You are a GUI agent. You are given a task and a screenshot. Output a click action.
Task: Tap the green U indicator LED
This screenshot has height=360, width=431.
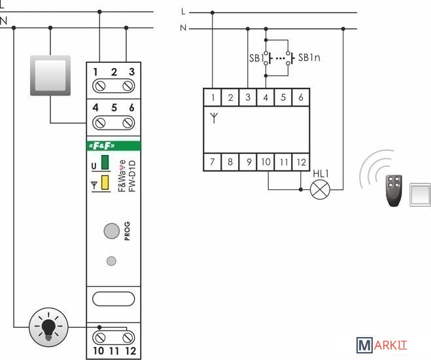coord(105,163)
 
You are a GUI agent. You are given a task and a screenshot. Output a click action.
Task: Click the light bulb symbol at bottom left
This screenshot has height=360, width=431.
coord(48,327)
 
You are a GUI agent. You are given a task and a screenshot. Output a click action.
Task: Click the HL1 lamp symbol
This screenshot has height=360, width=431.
coord(320,190)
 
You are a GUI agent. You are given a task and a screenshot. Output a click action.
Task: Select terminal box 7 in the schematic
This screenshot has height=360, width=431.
coord(213,162)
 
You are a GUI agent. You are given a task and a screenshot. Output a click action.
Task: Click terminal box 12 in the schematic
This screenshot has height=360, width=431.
coord(300,162)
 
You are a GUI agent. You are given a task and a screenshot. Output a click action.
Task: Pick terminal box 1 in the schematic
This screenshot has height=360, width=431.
coord(213,98)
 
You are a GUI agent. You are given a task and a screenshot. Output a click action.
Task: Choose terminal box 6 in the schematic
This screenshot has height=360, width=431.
coord(300,98)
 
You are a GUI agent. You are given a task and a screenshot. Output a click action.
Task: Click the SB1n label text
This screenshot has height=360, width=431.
coord(309,58)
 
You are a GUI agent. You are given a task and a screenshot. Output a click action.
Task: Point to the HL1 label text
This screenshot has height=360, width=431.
coord(320,173)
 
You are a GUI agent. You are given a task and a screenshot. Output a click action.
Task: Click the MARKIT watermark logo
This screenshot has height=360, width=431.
coord(381,344)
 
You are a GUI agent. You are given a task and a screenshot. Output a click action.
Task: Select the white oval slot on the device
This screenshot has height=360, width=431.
coord(113,299)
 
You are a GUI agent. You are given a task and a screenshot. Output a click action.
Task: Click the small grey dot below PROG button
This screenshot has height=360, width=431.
coord(111,261)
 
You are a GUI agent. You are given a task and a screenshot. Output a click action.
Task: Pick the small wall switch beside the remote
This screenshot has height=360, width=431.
coord(419,195)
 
